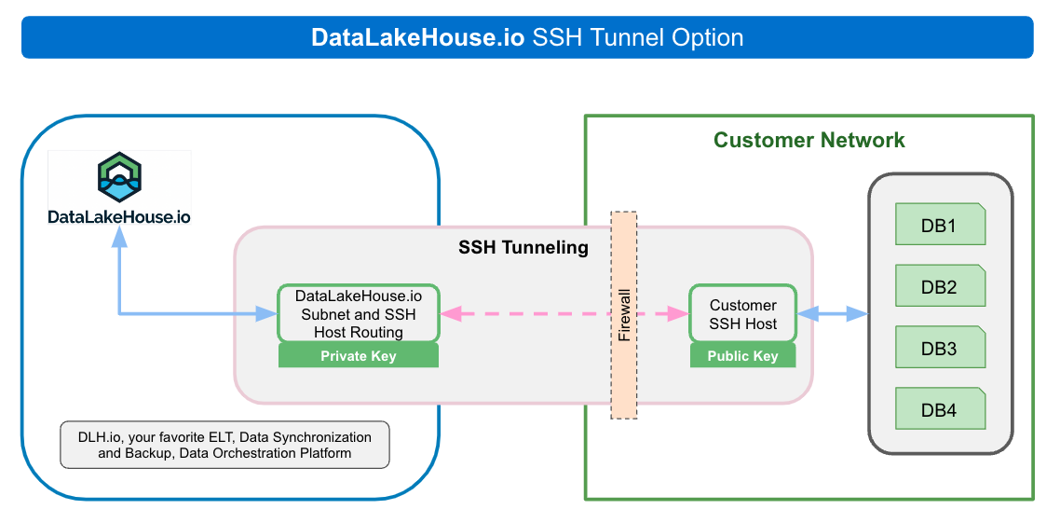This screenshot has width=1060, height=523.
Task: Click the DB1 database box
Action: pos(939,225)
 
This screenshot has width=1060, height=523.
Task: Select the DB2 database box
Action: pos(939,286)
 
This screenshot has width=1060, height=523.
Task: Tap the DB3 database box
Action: pos(939,348)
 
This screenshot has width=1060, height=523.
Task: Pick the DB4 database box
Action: pos(939,409)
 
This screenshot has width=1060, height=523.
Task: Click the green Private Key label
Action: pos(358,355)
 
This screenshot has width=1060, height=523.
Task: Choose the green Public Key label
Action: pos(742,355)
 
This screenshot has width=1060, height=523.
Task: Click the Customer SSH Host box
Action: pos(742,314)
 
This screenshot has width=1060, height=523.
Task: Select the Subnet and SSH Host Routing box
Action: pos(358,313)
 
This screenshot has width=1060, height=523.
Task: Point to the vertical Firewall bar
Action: pos(624,314)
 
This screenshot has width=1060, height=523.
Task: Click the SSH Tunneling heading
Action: pos(523,247)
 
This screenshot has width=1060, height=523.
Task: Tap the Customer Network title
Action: pos(809,141)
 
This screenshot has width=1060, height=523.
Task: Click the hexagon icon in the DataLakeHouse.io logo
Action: pos(119,179)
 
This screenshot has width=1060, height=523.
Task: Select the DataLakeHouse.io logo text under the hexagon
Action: pos(119,216)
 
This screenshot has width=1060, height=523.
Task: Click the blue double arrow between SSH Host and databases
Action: pos(832,314)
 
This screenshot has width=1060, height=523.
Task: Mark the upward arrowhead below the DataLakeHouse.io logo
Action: pos(119,239)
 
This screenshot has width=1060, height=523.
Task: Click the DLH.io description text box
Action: pos(224,445)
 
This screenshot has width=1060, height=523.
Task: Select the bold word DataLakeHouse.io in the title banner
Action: pos(418,38)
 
